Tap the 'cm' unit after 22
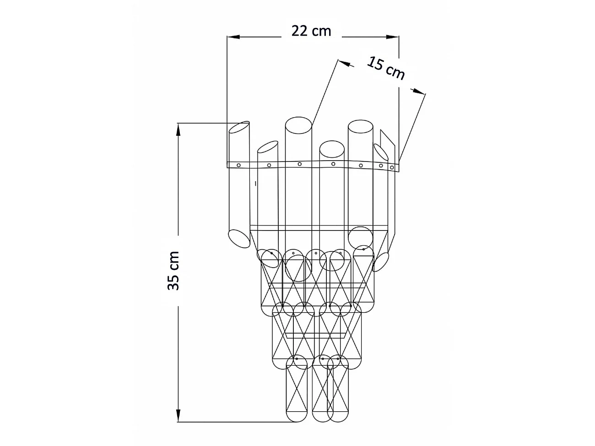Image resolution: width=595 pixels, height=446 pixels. coord(321,32)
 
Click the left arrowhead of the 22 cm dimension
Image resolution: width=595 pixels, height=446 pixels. coord(233,37)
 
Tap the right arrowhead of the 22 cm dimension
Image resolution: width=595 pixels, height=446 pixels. coord(392,37)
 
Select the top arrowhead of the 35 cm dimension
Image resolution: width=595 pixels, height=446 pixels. coord(178,130)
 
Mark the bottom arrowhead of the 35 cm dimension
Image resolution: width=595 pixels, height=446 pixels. coord(178,415)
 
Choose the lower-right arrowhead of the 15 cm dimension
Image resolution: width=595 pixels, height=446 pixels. coord(418,91)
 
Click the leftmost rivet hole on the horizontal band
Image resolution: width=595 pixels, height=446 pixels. coord(239,165)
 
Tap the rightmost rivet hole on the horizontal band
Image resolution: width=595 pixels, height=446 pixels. coord(392,167)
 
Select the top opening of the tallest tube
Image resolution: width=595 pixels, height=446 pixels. coord(298,125)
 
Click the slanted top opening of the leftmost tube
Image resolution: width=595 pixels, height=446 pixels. coord(239,127)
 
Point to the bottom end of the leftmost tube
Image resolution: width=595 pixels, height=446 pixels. coord(239,239)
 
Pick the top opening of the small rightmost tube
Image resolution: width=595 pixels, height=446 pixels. coord(381,152)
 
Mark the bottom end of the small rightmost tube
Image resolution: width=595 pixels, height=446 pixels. coord(380,262)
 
